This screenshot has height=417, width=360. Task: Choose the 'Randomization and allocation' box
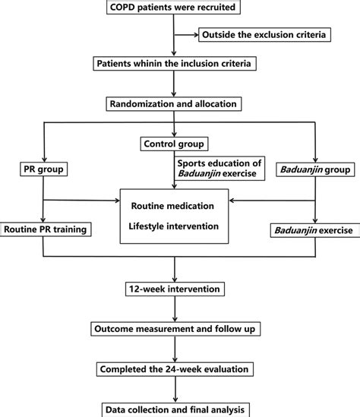pos(175,103)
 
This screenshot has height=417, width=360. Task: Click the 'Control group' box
pos(175,144)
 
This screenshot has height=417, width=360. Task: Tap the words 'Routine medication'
pos(175,205)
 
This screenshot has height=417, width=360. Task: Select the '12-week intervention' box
pos(175,290)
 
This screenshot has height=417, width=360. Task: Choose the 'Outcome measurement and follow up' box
pos(175,330)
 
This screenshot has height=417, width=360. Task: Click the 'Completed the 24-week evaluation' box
pos(175,369)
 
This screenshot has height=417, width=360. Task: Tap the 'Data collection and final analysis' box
pos(175,409)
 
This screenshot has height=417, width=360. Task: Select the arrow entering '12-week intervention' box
pos(175,278)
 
